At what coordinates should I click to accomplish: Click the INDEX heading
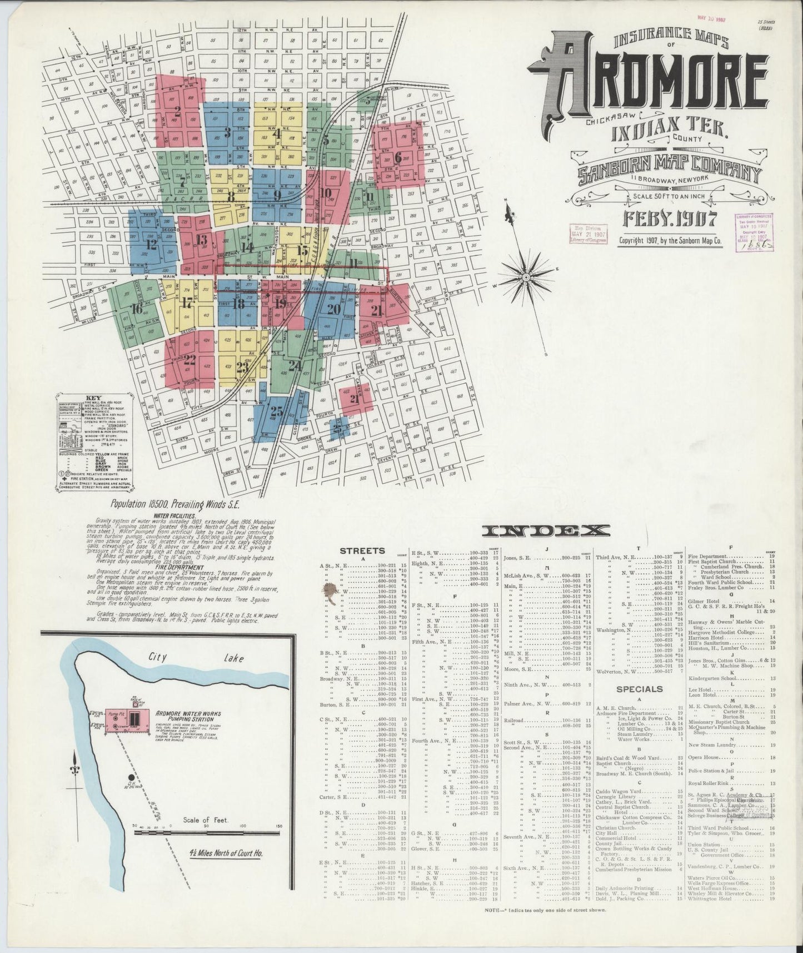click(546, 531)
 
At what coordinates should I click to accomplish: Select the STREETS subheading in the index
click(362, 551)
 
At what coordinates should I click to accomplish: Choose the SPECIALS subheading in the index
click(639, 689)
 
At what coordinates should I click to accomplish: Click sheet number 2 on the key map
click(178, 110)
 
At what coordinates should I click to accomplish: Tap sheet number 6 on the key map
click(397, 157)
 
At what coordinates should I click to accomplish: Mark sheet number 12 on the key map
click(151, 243)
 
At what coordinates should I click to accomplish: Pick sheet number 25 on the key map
click(276, 412)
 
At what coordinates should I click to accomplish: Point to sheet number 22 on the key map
click(189, 359)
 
